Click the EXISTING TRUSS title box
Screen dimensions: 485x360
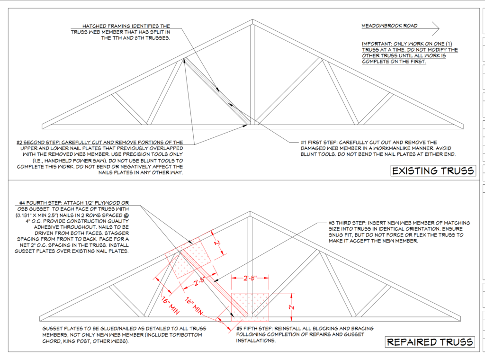[433, 171]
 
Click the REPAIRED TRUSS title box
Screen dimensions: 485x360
[430, 342]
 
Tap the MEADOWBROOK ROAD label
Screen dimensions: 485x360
[389, 26]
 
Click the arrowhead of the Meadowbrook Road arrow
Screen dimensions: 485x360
[436, 28]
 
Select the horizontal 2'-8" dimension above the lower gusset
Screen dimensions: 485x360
[250, 278]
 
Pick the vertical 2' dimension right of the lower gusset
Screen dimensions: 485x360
[291, 307]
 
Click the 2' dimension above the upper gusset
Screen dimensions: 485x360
[218, 243]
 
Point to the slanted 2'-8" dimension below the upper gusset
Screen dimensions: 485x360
[198, 282]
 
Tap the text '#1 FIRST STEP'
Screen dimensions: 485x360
[319, 142]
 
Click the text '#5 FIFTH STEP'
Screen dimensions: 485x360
[254, 328]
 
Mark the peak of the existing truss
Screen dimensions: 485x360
[252, 19]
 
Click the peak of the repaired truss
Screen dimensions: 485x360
[250, 212]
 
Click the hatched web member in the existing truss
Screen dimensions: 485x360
[217, 91]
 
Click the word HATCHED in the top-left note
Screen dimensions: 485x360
[94, 26]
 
